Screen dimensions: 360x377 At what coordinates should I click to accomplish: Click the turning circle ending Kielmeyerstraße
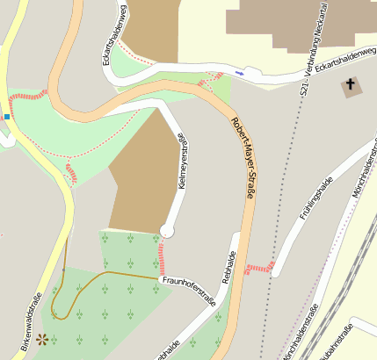(x=167, y=231)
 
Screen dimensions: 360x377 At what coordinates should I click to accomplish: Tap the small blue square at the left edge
(x=7, y=115)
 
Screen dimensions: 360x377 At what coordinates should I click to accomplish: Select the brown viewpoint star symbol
(x=41, y=337)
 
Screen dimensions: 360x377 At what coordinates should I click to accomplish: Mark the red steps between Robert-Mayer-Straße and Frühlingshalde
(x=260, y=267)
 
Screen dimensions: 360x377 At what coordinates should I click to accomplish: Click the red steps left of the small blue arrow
(x=207, y=82)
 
